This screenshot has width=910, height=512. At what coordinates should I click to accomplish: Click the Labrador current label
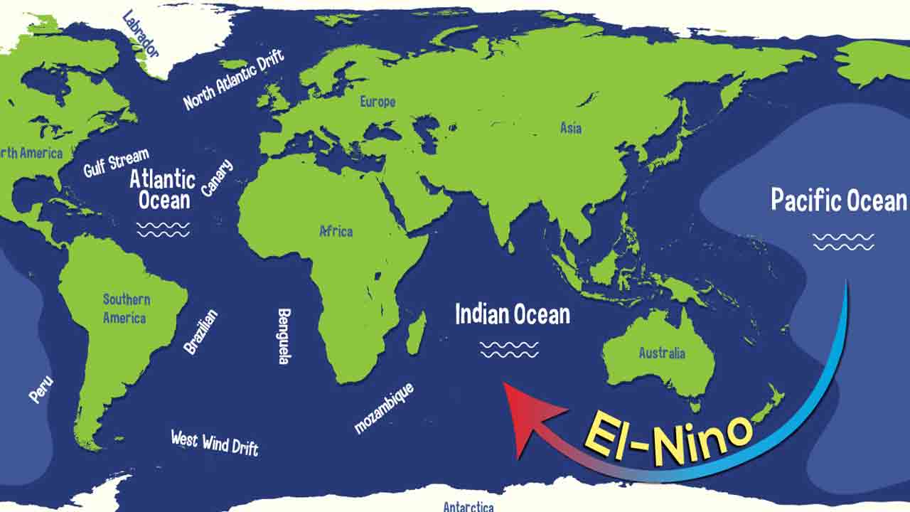tap(141, 33)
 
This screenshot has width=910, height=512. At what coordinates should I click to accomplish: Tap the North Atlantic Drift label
tap(234, 80)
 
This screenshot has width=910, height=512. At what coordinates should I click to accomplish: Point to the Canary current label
tap(217, 178)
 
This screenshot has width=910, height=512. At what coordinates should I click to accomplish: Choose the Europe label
tap(377, 102)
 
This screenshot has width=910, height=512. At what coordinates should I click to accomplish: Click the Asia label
tap(571, 128)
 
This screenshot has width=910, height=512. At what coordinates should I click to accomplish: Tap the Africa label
tap(336, 231)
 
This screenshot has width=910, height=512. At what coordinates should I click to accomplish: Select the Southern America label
tap(126, 309)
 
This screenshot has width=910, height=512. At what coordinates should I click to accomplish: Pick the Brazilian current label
tap(200, 332)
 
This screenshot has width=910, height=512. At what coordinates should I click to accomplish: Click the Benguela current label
tap(284, 336)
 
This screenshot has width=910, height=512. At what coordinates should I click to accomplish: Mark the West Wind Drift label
tap(215, 442)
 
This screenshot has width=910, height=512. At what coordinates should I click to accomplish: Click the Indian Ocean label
tap(512, 314)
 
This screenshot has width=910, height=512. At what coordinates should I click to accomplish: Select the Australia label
tap(662, 353)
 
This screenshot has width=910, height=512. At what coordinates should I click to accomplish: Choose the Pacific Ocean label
tap(839, 201)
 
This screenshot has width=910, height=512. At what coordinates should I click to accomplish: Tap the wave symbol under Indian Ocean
tap(509, 349)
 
